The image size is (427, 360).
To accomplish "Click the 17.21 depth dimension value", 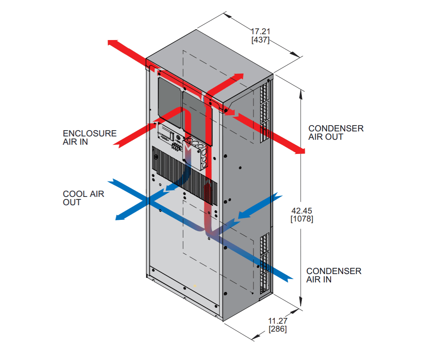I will click(x=260, y=31).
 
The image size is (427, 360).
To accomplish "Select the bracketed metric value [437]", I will click(x=260, y=40).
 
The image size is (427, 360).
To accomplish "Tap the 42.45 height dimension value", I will click(x=301, y=210).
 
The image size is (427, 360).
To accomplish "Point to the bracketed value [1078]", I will click(x=301, y=219).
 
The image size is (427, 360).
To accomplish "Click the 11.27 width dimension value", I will click(x=278, y=321).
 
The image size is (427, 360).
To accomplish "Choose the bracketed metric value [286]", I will click(x=278, y=329).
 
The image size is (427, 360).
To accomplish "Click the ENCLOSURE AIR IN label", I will click(x=90, y=138).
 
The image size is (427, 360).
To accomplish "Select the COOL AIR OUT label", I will click(x=83, y=198).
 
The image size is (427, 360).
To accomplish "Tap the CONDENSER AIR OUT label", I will click(x=336, y=133).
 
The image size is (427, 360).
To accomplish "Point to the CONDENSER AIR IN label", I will click(x=334, y=275).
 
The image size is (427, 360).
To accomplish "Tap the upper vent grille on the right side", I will click(x=264, y=108).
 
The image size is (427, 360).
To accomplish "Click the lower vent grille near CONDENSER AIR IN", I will click(x=264, y=263).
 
